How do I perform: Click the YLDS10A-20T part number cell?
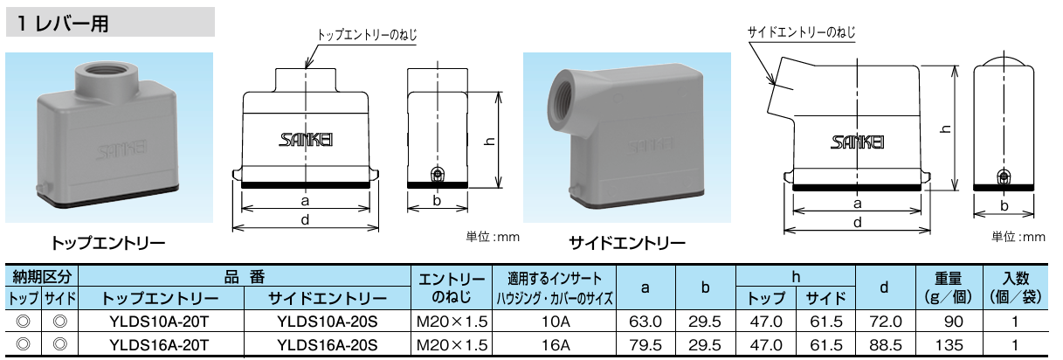[159, 322]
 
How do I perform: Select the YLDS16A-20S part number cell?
[327, 345]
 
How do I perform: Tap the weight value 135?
[949, 345]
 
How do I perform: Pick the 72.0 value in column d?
[885, 322]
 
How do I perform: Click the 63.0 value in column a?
[645, 322]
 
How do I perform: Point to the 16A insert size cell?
[556, 345]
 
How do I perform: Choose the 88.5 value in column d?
[885, 345]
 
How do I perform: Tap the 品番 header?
[245, 277]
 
